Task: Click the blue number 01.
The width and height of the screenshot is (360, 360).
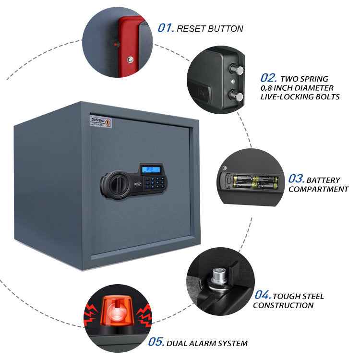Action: point(166,28)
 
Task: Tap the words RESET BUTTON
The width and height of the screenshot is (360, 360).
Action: point(210,29)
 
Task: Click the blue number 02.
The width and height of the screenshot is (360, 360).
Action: point(269,78)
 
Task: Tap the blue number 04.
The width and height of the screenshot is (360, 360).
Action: point(262,295)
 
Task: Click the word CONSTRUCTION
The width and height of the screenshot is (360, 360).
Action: point(283,305)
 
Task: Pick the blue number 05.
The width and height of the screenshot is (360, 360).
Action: point(156,342)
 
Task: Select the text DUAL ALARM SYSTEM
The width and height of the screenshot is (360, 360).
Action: point(207,343)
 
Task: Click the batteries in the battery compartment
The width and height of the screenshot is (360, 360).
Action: point(252,182)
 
